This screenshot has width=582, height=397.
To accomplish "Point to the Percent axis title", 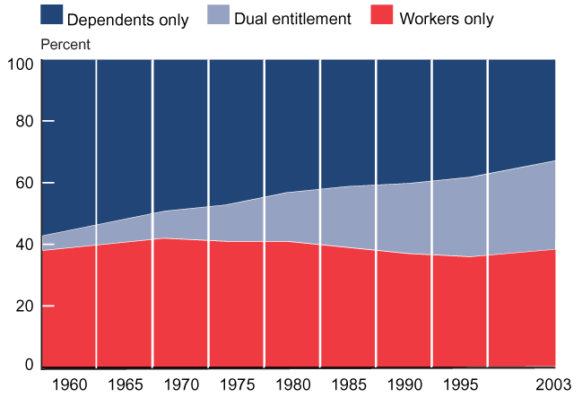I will (65, 44).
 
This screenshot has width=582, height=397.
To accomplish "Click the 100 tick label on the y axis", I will (20, 65).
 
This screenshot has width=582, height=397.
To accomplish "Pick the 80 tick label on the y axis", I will (23, 121).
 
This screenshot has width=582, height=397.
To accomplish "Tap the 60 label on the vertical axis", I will (23, 183).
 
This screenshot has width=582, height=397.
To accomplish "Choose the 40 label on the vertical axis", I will (23, 244).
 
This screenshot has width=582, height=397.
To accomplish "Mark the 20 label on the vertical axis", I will (23, 306).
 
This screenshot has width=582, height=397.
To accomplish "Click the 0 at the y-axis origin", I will (28, 365).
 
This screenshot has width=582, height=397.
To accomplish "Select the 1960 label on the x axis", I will (70, 385).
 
